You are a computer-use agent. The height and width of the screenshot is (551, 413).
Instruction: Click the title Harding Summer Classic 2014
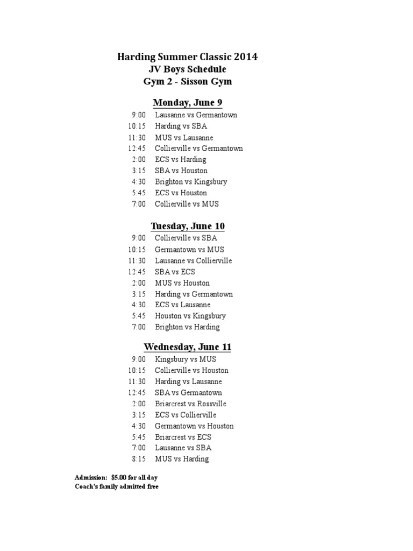(x=188, y=57)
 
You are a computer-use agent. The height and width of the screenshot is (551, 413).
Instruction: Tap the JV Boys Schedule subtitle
(x=188, y=69)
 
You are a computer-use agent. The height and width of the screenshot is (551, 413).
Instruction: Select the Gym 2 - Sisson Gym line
(x=188, y=82)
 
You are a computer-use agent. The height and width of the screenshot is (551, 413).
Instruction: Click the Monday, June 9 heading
(x=188, y=102)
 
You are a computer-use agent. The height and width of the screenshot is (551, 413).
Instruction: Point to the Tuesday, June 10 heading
(x=188, y=226)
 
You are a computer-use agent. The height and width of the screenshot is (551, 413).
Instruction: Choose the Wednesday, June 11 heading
(x=188, y=347)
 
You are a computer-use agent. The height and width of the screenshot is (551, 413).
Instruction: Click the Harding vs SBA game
(x=177, y=126)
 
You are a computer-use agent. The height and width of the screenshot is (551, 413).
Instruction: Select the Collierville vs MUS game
(x=187, y=204)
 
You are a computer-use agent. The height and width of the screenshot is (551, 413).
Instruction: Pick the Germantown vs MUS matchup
(x=189, y=250)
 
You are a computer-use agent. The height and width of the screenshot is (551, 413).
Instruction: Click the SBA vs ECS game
(x=175, y=272)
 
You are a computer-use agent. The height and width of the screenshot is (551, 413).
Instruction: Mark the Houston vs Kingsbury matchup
(x=190, y=316)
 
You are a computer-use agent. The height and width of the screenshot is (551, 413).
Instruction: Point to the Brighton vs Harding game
(x=187, y=327)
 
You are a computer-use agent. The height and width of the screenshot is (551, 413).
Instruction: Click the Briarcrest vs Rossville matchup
(x=190, y=404)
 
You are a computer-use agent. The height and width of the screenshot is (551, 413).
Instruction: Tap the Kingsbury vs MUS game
(x=185, y=359)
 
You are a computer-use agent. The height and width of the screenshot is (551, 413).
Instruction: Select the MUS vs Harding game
(x=181, y=459)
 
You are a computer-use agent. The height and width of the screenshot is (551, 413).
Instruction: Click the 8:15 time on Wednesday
(x=138, y=459)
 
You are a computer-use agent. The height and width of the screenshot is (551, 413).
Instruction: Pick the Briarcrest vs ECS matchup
(x=183, y=437)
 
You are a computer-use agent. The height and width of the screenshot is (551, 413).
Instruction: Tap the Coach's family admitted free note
(x=117, y=487)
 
